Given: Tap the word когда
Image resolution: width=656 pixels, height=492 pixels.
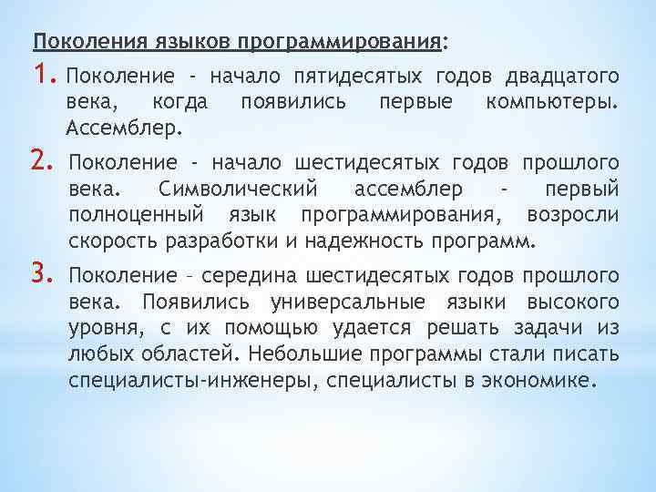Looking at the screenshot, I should coord(180,100).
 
